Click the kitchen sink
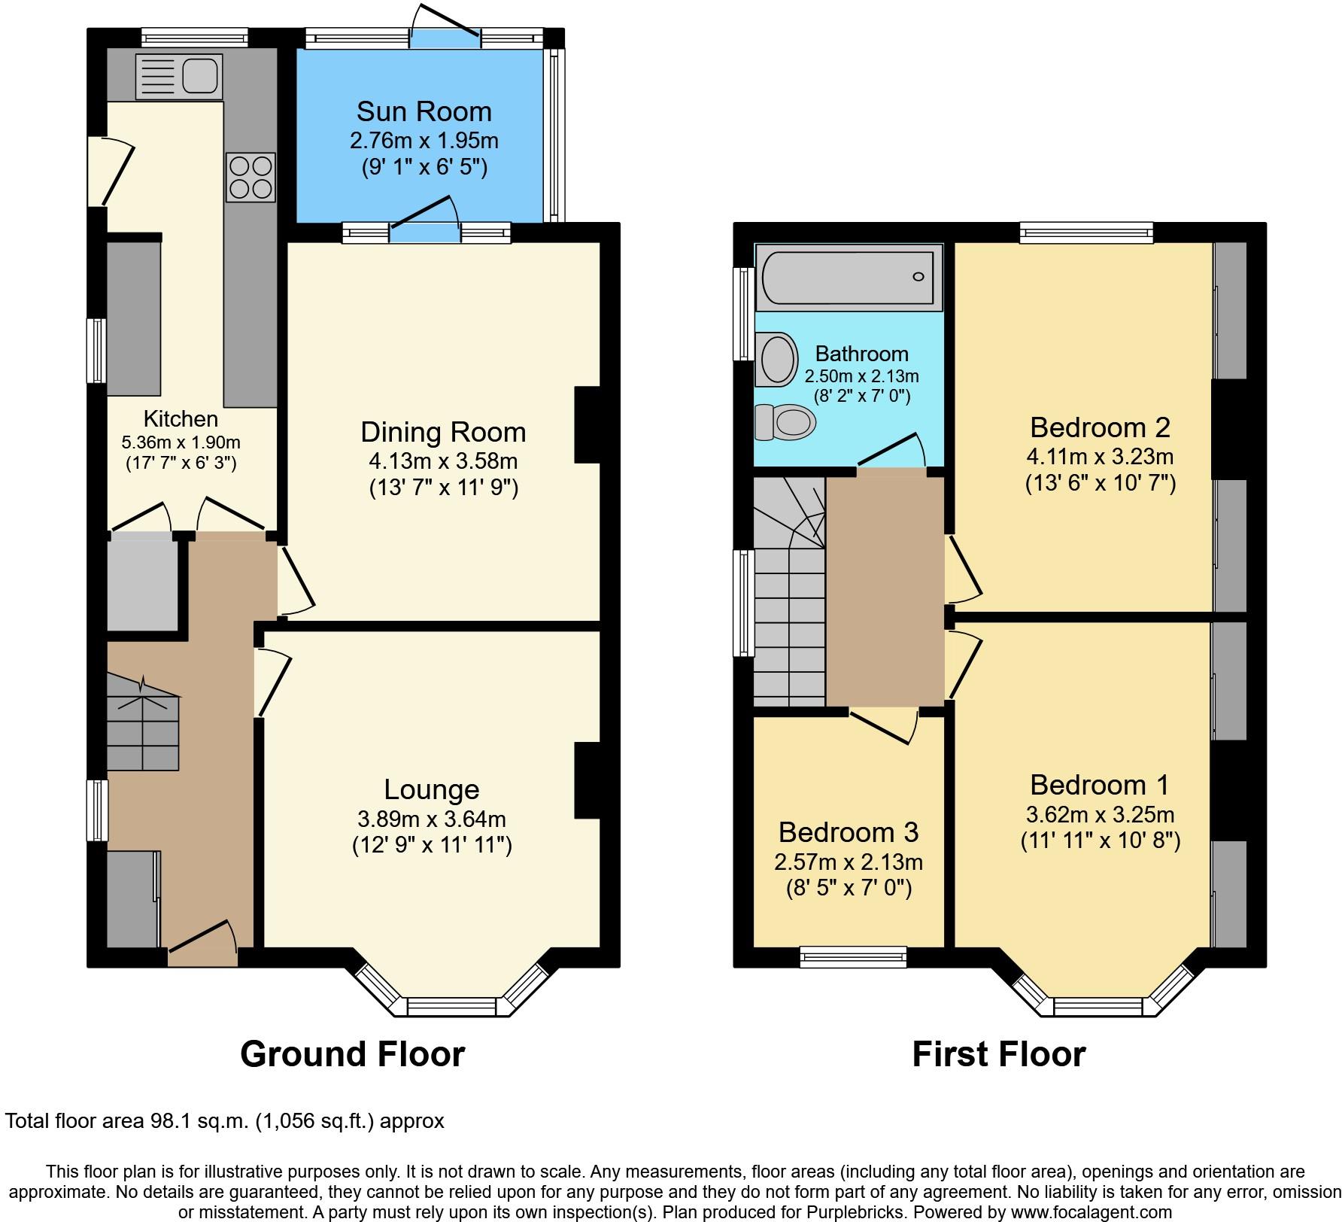(x=179, y=76)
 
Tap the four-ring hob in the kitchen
(x=250, y=178)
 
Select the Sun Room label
(x=424, y=111)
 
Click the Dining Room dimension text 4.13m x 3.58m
(x=443, y=461)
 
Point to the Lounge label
(x=432, y=789)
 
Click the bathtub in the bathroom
(x=849, y=277)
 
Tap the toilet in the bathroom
(x=785, y=422)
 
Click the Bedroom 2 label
(x=1100, y=427)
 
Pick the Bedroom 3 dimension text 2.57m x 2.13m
(x=849, y=862)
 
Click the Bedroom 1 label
(x=1100, y=785)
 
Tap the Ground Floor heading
(x=353, y=1054)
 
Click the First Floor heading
(x=999, y=1054)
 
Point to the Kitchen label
(x=181, y=418)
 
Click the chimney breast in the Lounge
(x=588, y=780)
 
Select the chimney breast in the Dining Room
(x=588, y=425)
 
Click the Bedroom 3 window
(x=854, y=957)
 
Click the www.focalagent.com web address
(x=1080, y=1212)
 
